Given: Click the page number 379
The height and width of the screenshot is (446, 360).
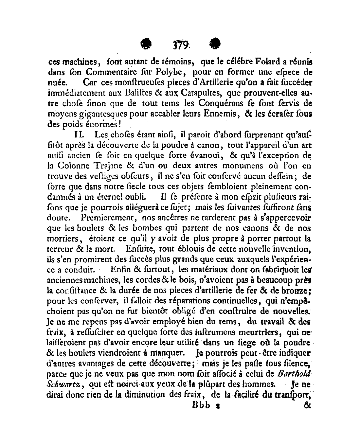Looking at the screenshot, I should click(x=180, y=44).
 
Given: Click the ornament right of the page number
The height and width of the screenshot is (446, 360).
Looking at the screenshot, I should click(x=215, y=44).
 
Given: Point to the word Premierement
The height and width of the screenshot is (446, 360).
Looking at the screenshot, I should click(x=106, y=217).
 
